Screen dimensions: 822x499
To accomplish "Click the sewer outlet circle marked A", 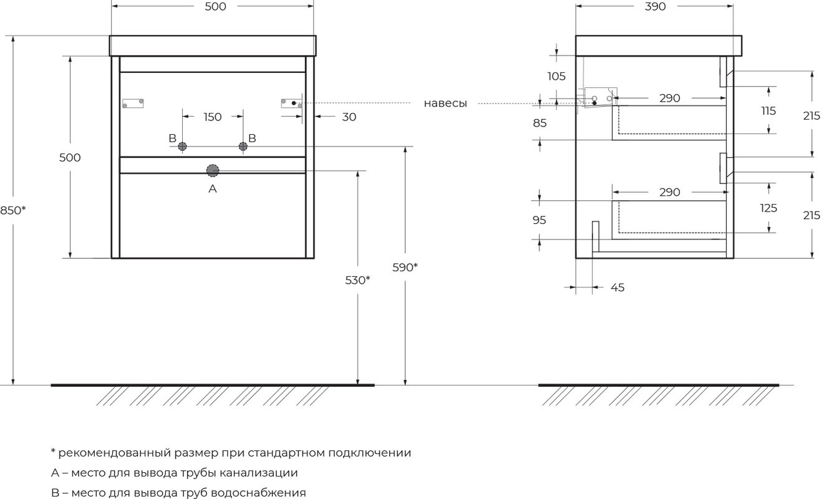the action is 213,171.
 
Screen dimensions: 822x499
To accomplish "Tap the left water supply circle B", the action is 182,147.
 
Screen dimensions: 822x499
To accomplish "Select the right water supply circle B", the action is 243,147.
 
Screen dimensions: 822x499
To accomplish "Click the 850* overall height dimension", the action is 13,210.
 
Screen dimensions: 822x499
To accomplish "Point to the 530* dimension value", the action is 357,280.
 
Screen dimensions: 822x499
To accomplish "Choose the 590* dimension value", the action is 405,268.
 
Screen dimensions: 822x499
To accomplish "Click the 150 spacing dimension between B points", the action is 213,117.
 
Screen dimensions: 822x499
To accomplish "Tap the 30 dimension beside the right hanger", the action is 349,117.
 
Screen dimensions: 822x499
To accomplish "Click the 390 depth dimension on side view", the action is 655,7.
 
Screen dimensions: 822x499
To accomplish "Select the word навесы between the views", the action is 445,104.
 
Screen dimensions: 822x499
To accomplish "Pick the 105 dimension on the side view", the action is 556,76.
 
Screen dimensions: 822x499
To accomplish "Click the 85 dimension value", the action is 540,123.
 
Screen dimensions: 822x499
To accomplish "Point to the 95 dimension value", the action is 539,220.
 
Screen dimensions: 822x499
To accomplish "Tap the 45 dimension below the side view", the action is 617,288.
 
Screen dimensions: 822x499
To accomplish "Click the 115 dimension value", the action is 768,110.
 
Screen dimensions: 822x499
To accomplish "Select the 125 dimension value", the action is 768,208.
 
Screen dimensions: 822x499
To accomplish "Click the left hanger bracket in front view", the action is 133,104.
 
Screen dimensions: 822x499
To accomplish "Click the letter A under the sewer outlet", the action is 213,189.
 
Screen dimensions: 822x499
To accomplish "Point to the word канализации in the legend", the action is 259,473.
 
